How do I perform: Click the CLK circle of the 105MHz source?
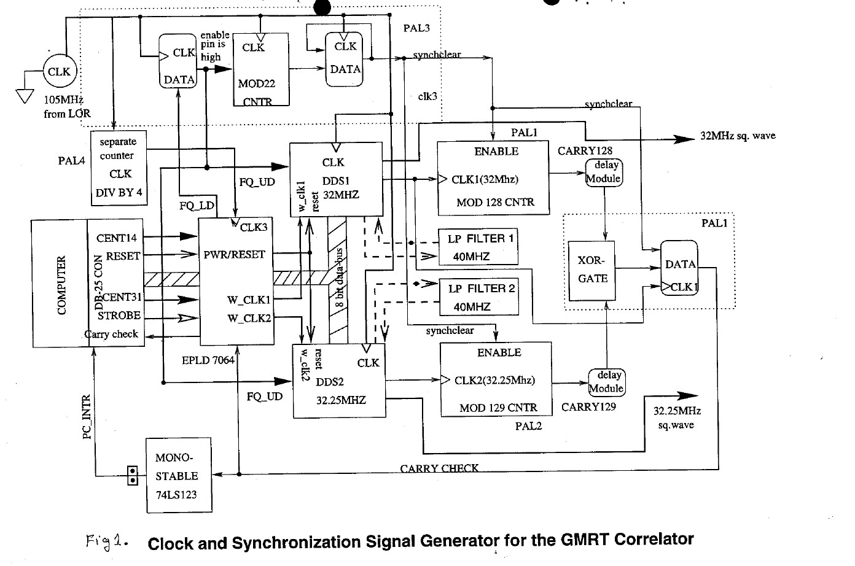pyautogui.click(x=59, y=71)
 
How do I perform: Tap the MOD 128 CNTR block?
pyautogui.click(x=493, y=178)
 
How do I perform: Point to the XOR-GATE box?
pyautogui.click(x=592, y=271)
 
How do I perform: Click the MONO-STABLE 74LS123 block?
pyautogui.click(x=178, y=475)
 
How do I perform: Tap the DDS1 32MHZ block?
pyautogui.click(x=335, y=179)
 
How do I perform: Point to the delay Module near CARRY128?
pyautogui.click(x=604, y=173)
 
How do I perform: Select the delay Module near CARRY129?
pyautogui.click(x=606, y=382)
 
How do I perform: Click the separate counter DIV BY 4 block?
pyautogui.click(x=119, y=167)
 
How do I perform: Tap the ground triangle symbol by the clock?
pyautogui.click(x=25, y=96)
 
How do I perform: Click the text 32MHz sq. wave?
pyautogui.click(x=737, y=136)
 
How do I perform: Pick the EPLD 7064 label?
pyautogui.click(x=208, y=360)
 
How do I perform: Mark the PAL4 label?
pyautogui.click(x=71, y=161)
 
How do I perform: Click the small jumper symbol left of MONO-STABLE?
pyautogui.click(x=132, y=476)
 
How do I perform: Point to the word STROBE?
pyautogui.click(x=119, y=316)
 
